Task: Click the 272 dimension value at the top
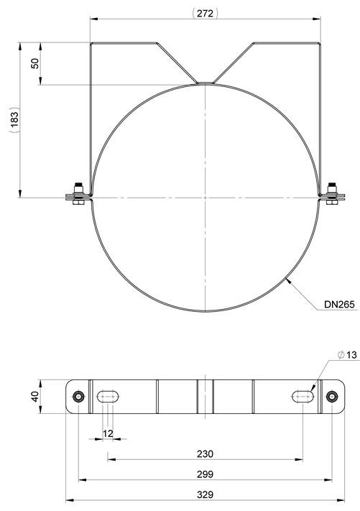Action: point(206,13)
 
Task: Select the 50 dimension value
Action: point(35,63)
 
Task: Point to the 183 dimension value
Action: point(14,120)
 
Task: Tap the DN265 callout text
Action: point(339,305)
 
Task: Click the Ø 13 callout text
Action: point(347,354)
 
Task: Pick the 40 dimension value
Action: point(35,396)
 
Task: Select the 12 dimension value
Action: point(108,433)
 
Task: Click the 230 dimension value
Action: point(206,454)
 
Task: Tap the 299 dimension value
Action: point(206,474)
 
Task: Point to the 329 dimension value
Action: point(206,494)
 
